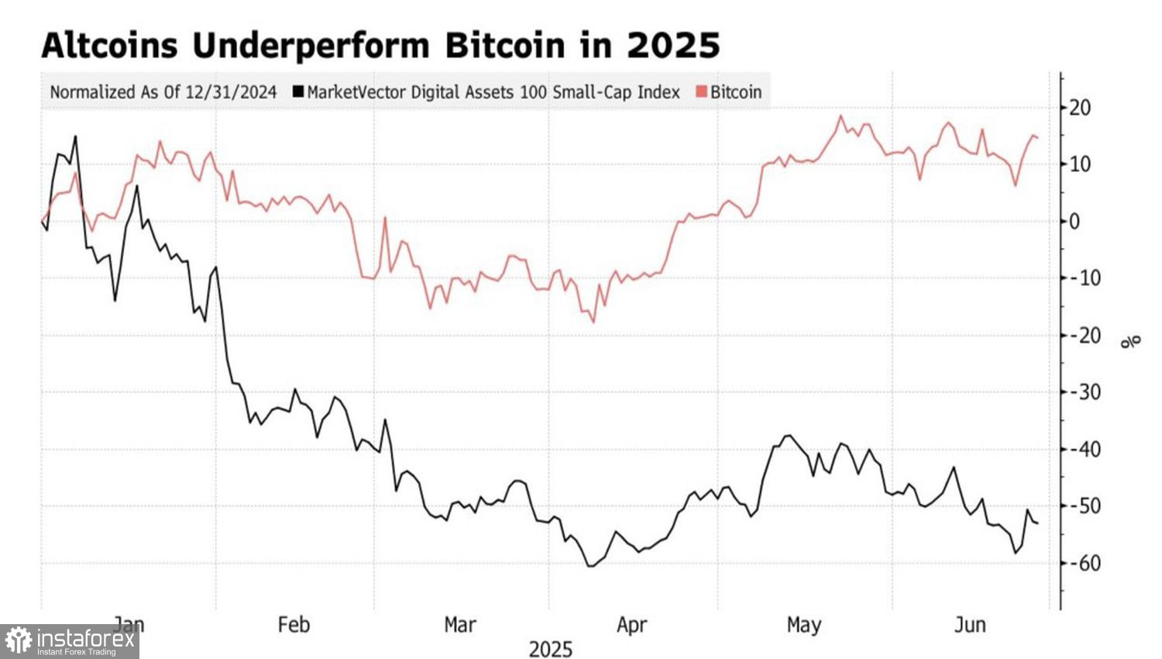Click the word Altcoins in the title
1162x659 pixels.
(109, 46)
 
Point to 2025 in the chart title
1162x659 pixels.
(673, 46)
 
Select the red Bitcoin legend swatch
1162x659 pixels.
(702, 92)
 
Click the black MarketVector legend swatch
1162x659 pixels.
(298, 92)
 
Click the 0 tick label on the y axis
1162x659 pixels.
(1074, 222)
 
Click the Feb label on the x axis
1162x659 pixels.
(294, 624)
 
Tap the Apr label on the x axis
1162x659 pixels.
(632, 624)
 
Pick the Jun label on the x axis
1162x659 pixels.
(970, 624)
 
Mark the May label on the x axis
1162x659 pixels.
(803, 624)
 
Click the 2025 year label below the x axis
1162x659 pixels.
(550, 649)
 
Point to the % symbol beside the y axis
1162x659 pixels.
(1132, 340)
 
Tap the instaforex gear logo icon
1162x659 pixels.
(19, 641)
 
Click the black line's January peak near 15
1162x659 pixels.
(75, 136)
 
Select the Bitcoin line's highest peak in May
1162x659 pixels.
(841, 116)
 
